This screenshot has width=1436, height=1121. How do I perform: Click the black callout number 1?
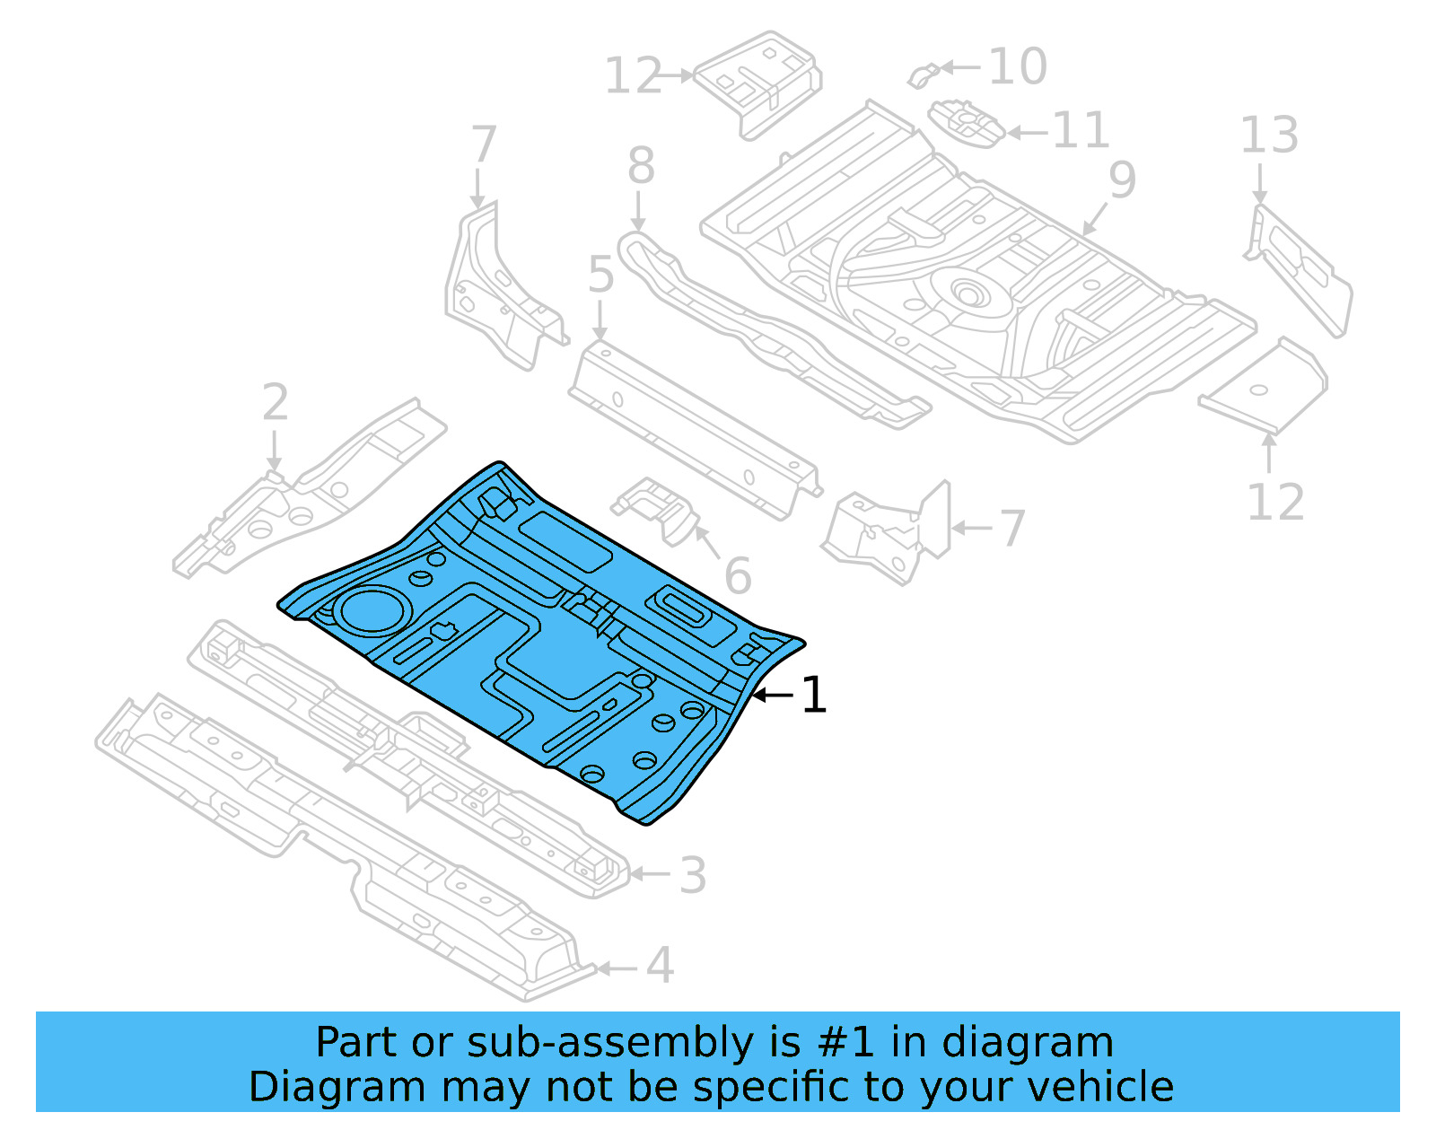(813, 696)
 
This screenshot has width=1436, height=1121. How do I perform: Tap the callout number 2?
(276, 403)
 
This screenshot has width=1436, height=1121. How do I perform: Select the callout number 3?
(692, 875)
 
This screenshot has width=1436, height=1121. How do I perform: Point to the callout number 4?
(660, 967)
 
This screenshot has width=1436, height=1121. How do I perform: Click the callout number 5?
(600, 275)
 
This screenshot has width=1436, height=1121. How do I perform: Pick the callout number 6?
(737, 576)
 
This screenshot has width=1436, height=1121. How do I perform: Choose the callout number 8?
(641, 167)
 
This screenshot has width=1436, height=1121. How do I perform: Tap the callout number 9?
(1122, 180)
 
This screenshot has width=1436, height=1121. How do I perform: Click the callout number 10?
(1018, 67)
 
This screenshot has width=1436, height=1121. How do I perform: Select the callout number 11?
(1080, 131)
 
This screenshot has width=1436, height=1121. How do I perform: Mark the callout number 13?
(1268, 136)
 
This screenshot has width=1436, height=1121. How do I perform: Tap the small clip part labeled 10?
(924, 75)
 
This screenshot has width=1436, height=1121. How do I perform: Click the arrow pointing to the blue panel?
(771, 695)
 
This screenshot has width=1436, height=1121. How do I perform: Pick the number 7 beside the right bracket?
(1011, 528)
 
